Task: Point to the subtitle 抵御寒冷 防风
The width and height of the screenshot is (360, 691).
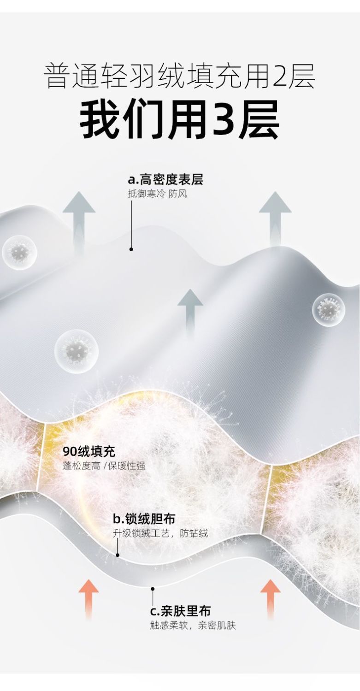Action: tap(157, 194)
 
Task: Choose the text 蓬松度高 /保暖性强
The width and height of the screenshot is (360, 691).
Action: tap(104, 466)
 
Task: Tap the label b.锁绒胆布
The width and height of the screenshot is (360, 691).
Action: tap(144, 519)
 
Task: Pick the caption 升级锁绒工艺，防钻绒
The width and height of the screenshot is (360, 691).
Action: tap(160, 533)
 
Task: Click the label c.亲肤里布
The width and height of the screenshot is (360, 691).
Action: tap(180, 611)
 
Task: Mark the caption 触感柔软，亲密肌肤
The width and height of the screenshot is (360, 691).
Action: tap(193, 626)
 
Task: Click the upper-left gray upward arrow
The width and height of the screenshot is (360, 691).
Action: tap(79, 221)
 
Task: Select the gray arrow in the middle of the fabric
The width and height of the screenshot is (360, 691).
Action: tap(190, 313)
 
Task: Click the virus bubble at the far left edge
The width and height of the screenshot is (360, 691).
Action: tap(19, 252)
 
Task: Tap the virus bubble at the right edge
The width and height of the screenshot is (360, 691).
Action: tap(329, 307)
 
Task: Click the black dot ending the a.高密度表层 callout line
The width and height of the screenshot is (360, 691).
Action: tap(131, 249)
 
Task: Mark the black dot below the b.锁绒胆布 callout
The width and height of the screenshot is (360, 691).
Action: tap(118, 555)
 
